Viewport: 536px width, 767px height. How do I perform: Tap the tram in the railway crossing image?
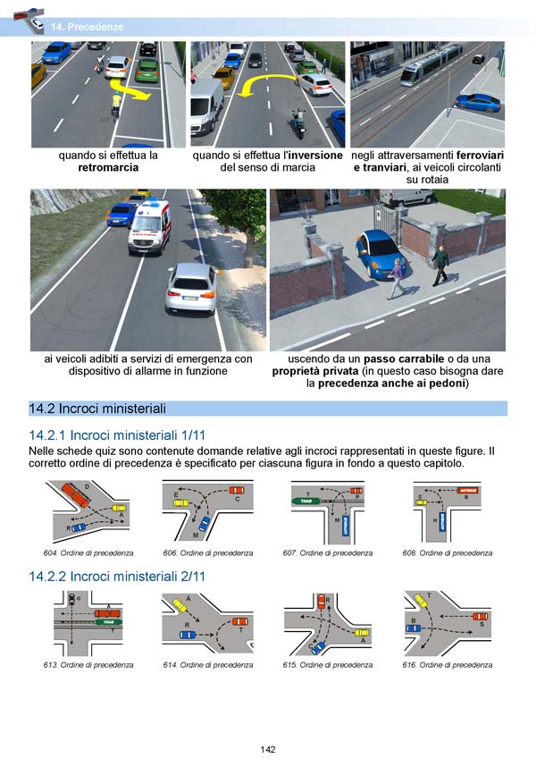(x=428, y=65)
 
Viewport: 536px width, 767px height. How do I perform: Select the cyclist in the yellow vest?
(x=116, y=105)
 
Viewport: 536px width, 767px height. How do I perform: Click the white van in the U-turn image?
(x=205, y=103)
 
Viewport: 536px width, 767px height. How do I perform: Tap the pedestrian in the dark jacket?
(x=439, y=265)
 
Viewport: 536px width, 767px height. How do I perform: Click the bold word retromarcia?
(x=108, y=167)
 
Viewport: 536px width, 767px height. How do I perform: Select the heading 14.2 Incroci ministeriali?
(x=98, y=409)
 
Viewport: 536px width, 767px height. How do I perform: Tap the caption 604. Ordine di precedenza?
(x=89, y=553)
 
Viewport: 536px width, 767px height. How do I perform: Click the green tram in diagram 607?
(x=306, y=501)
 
